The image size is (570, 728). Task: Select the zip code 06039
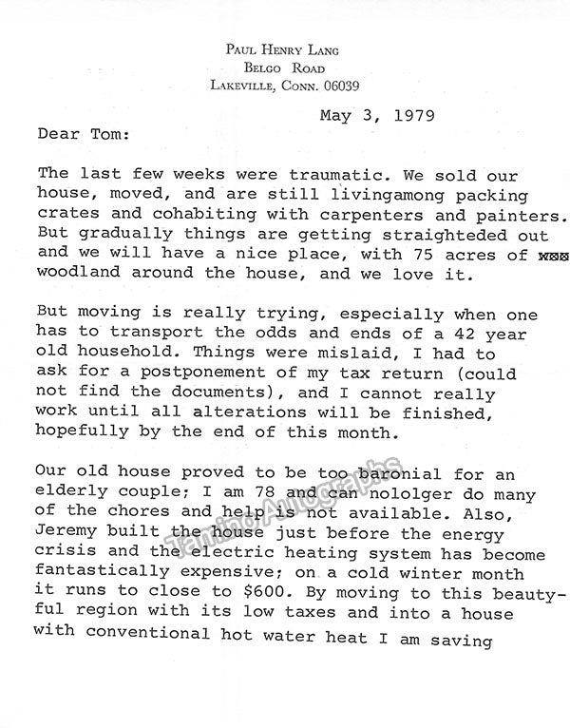(x=339, y=86)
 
